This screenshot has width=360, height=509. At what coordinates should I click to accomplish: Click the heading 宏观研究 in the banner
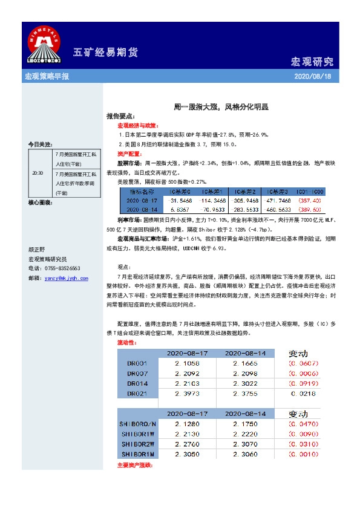coord(312,62)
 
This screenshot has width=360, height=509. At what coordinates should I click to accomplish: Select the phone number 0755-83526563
coord(62,268)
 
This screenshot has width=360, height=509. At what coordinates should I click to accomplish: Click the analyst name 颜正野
coord(38,249)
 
